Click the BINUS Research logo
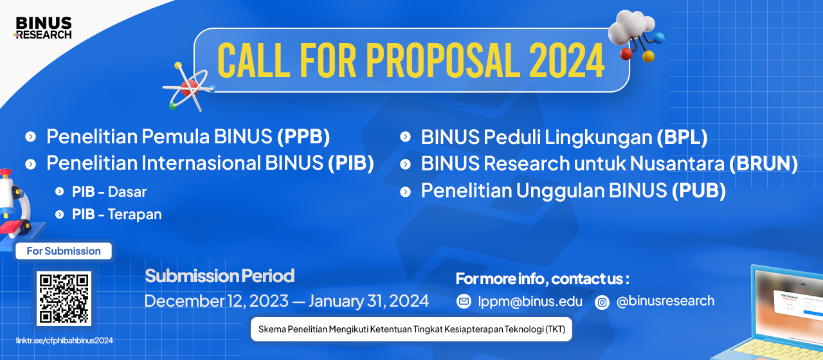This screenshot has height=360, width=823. tap(43, 28)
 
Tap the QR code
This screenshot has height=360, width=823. tap(64, 298)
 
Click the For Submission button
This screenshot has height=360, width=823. tap(64, 251)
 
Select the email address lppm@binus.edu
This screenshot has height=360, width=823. tap(530, 301)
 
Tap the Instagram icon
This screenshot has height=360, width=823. tap(602, 302)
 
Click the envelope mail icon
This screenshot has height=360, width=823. tap(464, 301)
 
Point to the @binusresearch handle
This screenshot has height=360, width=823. tap(665, 301)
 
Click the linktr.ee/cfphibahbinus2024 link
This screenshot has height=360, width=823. tap(64, 341)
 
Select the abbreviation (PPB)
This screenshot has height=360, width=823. tap(303, 136)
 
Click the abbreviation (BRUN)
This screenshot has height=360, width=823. tap(763, 163)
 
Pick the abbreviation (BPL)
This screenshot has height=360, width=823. tap(682, 137)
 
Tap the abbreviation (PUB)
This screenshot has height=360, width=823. tap(699, 191)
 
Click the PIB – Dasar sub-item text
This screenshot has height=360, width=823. tap(109, 192)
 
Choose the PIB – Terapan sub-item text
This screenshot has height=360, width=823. tap(117, 215)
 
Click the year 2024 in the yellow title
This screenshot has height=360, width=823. tap(566, 60)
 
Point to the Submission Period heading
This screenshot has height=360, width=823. tap(220, 276)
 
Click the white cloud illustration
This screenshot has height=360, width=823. tap(631, 27)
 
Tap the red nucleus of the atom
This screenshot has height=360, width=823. tap(190, 88)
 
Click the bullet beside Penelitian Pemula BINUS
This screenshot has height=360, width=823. tap(30, 137)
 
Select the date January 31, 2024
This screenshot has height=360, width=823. tap(368, 301)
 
